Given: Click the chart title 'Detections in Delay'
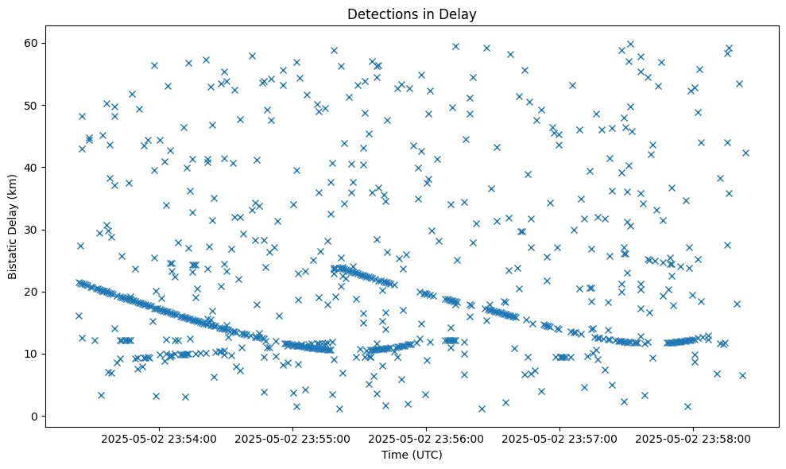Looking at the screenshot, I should coord(412,14).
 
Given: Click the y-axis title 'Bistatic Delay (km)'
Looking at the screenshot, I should coord(13,226).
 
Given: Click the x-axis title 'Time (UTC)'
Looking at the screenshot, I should coord(412,455).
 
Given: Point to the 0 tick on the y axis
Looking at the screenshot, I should coord(35,417).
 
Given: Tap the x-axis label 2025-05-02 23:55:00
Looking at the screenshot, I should coord(293,438).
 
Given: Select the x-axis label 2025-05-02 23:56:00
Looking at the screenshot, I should coord(427,438).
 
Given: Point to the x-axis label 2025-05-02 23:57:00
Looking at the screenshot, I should coord(560,438).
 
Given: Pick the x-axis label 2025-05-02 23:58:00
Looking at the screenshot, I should coord(694,438).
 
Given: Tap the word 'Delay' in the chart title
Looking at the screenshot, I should coord(460,14).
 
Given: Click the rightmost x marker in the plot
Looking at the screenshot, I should coord(745,153).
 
